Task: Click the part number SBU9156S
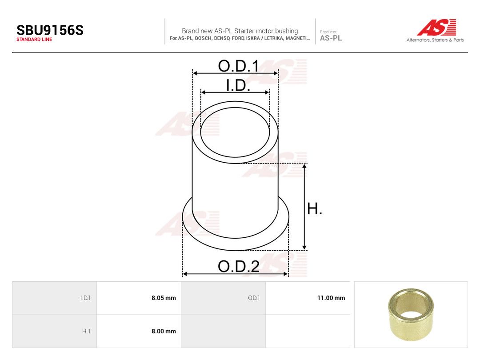pyautogui.click(x=50, y=30)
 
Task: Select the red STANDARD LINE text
pyautogui.click(x=34, y=40)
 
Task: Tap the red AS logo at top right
pyautogui.click(x=436, y=27)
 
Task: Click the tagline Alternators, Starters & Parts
pyautogui.click(x=435, y=40)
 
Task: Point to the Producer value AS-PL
pyautogui.click(x=331, y=38)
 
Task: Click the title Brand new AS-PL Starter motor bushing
pyautogui.click(x=240, y=31)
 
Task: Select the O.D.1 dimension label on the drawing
pyautogui.click(x=239, y=66)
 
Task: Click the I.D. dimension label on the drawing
pyautogui.click(x=238, y=85)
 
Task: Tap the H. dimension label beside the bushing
pyautogui.click(x=315, y=209)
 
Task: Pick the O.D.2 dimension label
pyautogui.click(x=239, y=266)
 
